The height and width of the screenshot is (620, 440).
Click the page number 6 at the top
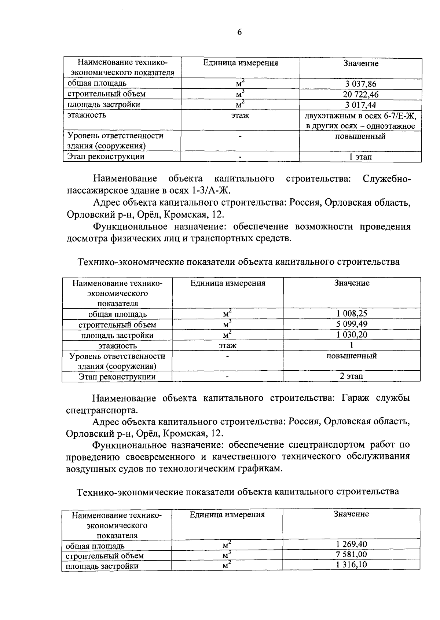239,32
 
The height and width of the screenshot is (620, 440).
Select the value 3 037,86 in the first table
360,84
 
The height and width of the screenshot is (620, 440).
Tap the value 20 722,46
360,95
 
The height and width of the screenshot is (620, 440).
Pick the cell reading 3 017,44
360,105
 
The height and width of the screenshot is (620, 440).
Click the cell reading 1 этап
360,157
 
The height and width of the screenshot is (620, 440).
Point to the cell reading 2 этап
351,376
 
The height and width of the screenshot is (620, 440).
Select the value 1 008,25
352,313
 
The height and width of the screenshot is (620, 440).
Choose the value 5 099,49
352,324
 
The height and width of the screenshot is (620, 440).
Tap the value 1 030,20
352,335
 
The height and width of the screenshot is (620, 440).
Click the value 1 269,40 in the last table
351,544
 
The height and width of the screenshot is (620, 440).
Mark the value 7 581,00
351,554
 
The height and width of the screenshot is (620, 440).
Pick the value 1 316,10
351,565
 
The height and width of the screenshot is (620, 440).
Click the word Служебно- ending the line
386,179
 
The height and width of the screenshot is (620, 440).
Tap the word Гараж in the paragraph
355,398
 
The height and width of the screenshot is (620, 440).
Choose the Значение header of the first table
361,63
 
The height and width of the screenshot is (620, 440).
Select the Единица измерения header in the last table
227,514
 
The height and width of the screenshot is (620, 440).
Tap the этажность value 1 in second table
351,345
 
